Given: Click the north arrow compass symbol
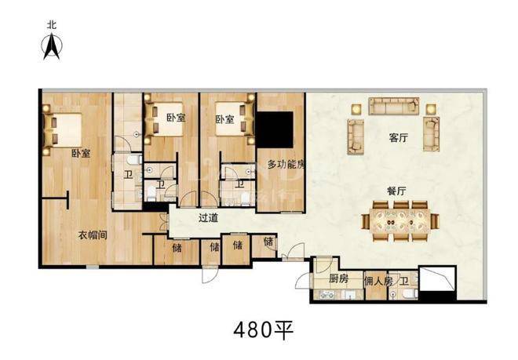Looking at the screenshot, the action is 52,47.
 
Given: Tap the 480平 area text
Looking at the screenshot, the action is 263,330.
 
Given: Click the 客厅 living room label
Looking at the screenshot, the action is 399,138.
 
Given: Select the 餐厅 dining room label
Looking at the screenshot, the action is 396,191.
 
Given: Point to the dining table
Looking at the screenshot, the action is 400,221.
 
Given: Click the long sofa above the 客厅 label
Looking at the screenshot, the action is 394,106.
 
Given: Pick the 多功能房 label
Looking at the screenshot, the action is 286,164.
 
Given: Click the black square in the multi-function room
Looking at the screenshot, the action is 275,129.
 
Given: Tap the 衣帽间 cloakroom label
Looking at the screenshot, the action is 93,235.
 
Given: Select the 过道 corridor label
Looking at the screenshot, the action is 208,218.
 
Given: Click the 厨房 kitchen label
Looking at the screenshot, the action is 338,278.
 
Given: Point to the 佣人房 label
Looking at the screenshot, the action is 378,282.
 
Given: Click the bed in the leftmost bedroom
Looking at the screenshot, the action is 63,130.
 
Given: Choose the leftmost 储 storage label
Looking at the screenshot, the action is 177,247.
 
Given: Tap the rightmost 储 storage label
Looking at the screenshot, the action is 268,242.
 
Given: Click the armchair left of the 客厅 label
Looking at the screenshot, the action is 356,136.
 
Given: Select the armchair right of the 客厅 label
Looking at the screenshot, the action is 431,134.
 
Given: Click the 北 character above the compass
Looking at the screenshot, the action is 52,25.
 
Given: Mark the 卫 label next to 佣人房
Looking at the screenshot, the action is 404,282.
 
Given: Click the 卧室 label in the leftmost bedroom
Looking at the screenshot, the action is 81,153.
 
